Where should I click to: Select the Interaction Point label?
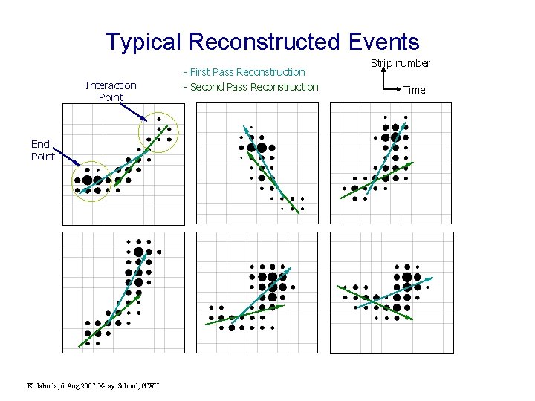click(111, 91)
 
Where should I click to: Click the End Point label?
click(42, 150)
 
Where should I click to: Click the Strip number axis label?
click(401, 63)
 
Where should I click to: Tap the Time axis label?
click(414, 90)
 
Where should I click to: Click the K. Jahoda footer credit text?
click(92, 385)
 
